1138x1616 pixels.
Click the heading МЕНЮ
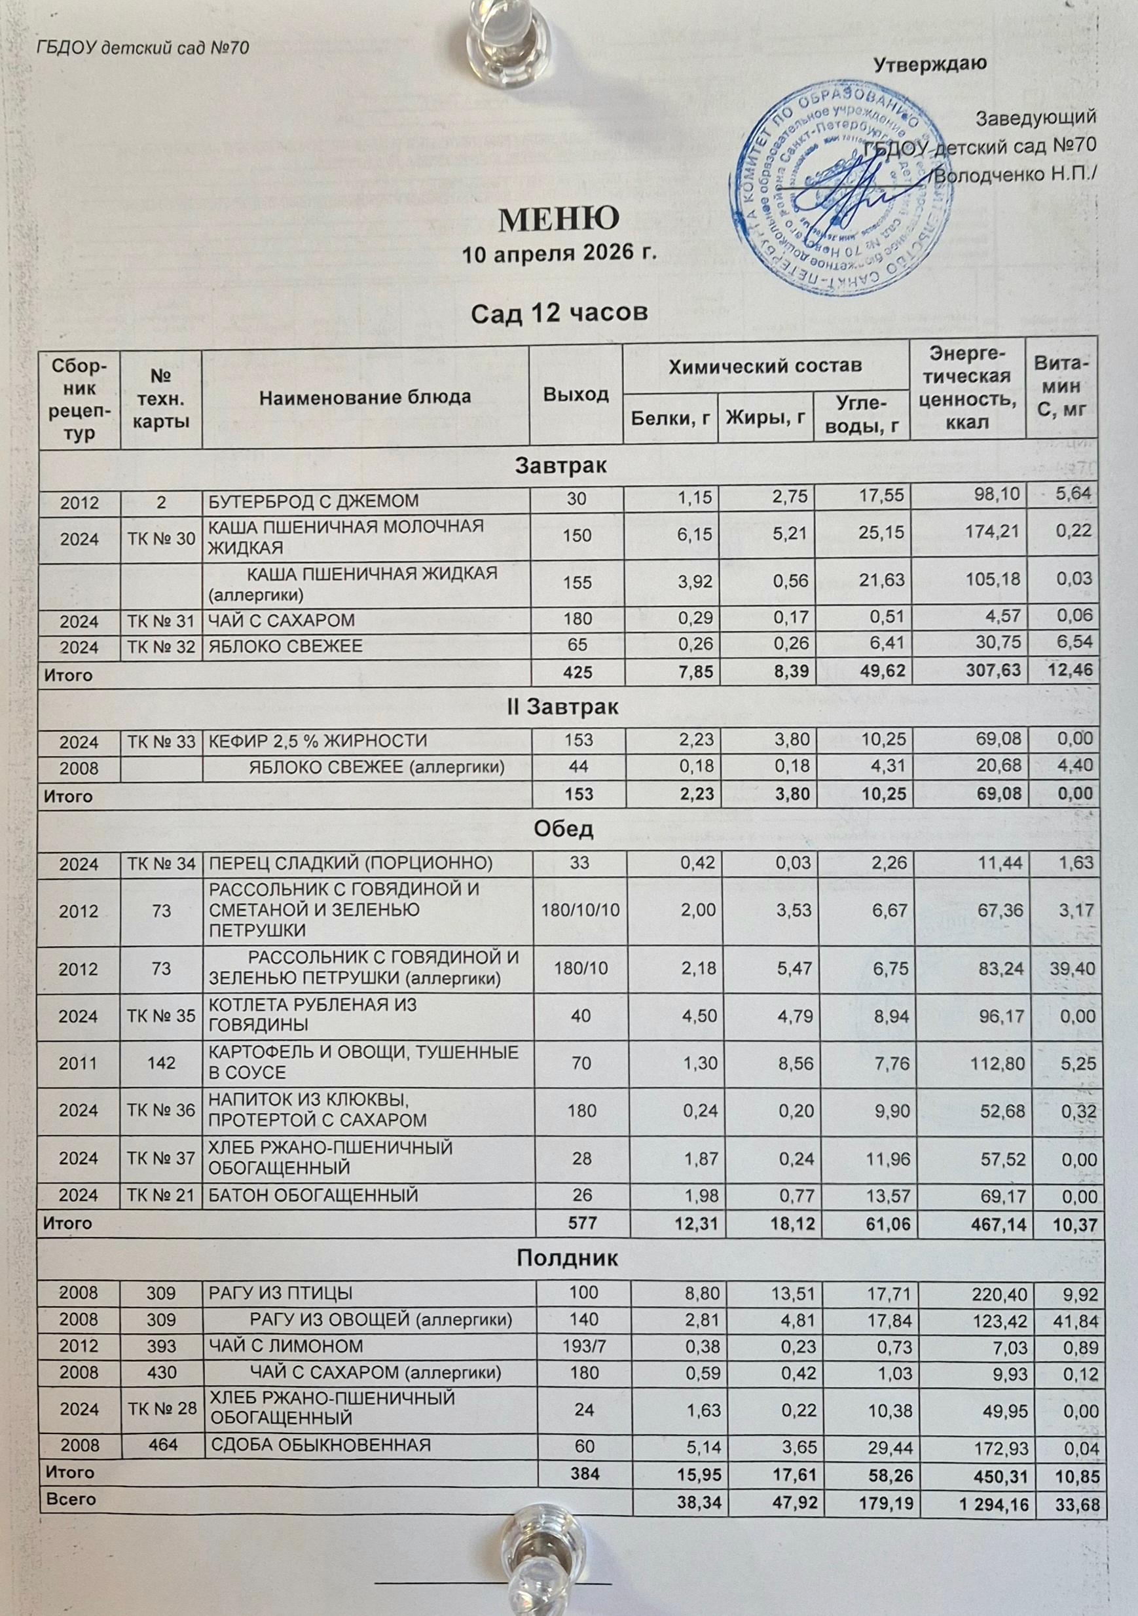click(x=559, y=219)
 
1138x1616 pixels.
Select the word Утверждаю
click(x=930, y=64)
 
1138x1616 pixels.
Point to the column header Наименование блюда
click(x=365, y=397)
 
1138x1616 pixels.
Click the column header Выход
click(x=576, y=394)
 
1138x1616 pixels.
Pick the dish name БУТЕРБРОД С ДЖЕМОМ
click(x=312, y=501)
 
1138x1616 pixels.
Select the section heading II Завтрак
click(x=562, y=707)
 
